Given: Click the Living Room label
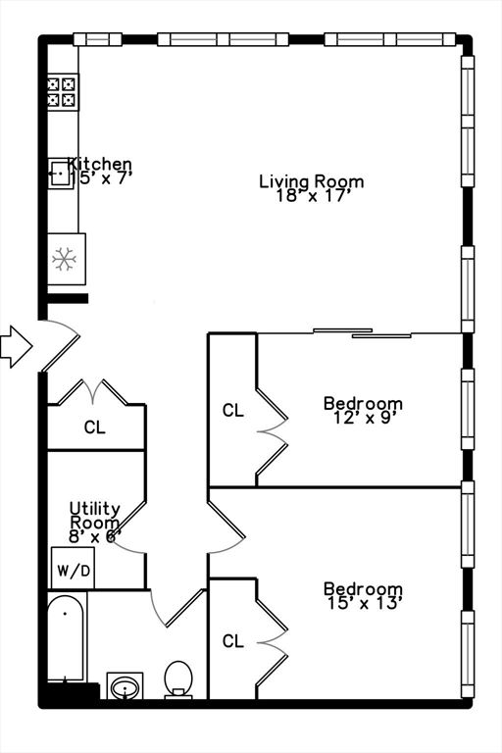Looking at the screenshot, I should [311, 181].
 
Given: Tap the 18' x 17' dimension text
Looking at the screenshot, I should [311, 195].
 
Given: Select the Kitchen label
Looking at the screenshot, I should [99, 164].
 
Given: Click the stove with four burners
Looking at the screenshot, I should [63, 92].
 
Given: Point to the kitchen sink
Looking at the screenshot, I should [59, 175].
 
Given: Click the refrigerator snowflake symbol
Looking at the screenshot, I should [66, 258].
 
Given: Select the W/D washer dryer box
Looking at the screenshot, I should [72, 569].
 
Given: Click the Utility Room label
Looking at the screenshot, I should [95, 516].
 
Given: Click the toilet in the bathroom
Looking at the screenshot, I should [178, 679].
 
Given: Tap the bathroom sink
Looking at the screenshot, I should [125, 686].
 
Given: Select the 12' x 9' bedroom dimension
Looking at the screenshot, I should [363, 417].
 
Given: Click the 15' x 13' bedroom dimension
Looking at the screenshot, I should [363, 603].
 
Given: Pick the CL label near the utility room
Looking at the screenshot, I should [94, 427].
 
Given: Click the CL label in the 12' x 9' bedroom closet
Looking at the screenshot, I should [232, 411].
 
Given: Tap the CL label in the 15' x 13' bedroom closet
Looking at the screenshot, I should [232, 641].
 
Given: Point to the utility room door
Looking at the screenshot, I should [130, 545].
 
